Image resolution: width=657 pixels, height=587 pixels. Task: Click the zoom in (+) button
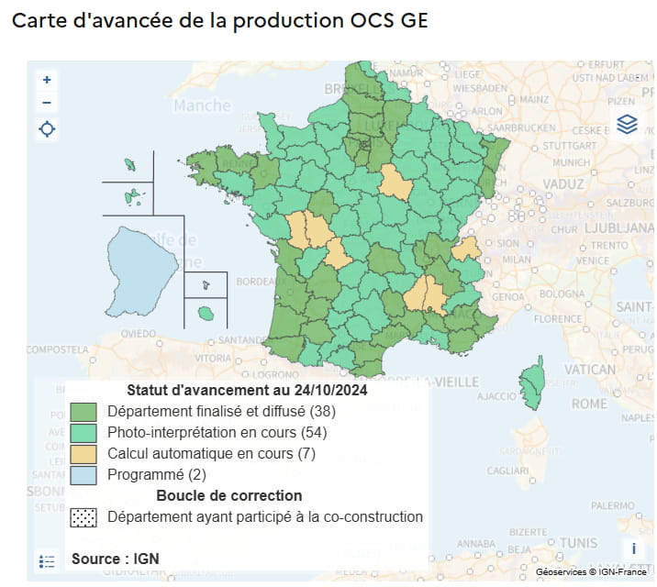pyautogui.click(x=47, y=80)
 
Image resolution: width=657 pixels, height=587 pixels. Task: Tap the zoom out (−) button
pyautogui.click(x=47, y=103)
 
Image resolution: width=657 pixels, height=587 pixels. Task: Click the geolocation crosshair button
pyautogui.click(x=47, y=129)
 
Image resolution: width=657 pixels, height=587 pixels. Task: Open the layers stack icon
pyautogui.click(x=627, y=124)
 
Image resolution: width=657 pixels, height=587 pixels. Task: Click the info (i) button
pyautogui.click(x=633, y=548)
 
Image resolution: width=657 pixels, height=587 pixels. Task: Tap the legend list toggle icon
pyautogui.click(x=48, y=560)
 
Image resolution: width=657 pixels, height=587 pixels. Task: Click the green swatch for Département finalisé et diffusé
pyautogui.click(x=84, y=410)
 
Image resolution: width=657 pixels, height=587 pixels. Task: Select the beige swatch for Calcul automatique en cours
pyautogui.click(x=84, y=454)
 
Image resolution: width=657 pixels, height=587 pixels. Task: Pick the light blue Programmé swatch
pyautogui.click(x=84, y=475)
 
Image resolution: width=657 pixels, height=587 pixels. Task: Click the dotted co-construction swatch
pyautogui.click(x=84, y=517)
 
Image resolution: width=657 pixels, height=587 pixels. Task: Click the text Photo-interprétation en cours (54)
pyautogui.click(x=217, y=432)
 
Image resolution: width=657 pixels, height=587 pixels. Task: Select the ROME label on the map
pyautogui.click(x=589, y=404)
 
